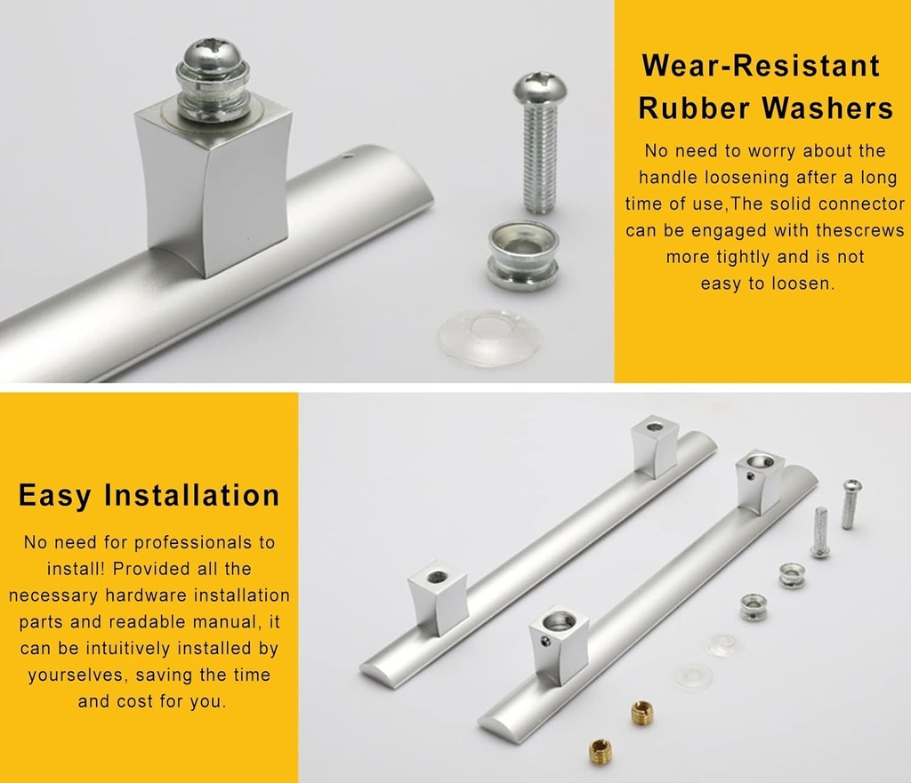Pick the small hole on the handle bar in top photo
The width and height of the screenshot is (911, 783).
tap(348, 161)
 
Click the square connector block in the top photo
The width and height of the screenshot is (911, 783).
tap(212, 191)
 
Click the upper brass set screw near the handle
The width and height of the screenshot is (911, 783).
tap(641, 711)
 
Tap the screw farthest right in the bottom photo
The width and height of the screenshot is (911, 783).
tap(851, 502)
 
